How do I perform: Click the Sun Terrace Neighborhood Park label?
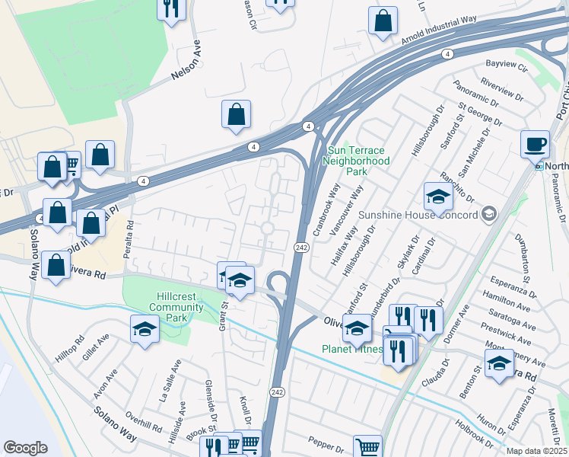coord(356,161)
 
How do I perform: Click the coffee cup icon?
coord(536,143)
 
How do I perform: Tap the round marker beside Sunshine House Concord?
coord(488,214)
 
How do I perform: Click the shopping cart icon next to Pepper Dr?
coord(368,447)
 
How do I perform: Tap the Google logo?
coord(26,447)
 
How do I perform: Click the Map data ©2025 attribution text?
coord(536,451)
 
